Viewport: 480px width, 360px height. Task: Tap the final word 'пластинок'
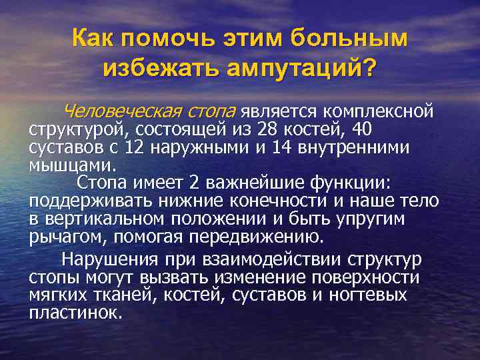click(x=75, y=313)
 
